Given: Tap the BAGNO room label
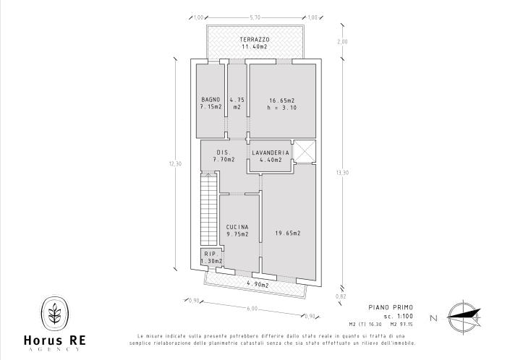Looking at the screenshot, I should (210, 99).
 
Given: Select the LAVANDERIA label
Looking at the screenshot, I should (271, 153).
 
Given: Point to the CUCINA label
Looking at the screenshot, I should (237, 226).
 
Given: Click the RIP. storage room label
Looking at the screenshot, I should (210, 254).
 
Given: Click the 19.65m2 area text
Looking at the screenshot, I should (287, 233).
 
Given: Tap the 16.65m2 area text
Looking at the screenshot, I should (281, 100).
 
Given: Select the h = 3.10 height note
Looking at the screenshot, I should (281, 108).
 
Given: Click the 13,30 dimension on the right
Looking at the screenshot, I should (342, 172).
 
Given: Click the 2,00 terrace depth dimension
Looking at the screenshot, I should (343, 42).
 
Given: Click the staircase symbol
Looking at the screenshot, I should (208, 210).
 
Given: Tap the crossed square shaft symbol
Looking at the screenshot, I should (305, 152).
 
